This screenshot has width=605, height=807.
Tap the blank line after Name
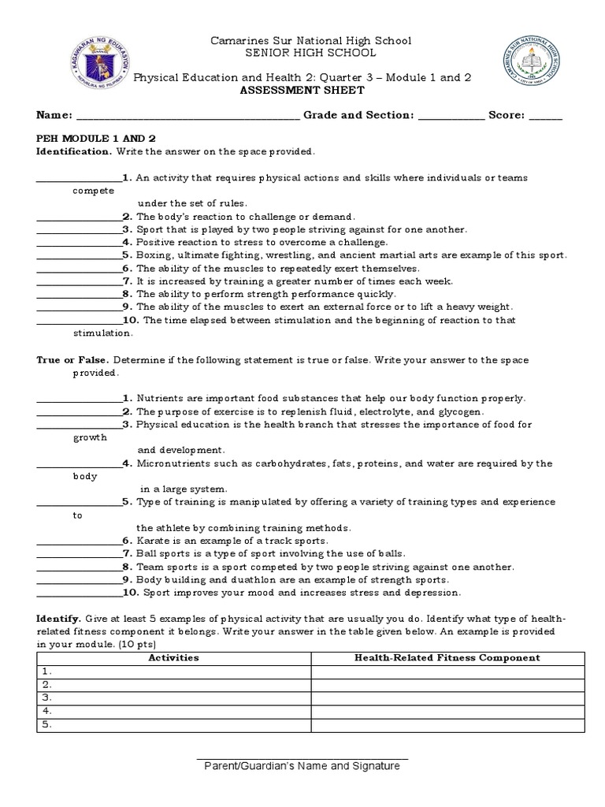pyautogui.click(x=187, y=117)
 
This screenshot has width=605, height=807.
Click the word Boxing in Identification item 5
pyautogui.click(x=154, y=255)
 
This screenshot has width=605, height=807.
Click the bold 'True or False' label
pyautogui.click(x=72, y=360)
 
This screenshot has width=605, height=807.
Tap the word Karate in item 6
pyautogui.click(x=153, y=541)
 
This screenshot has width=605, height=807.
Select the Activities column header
pyautogui.click(x=174, y=657)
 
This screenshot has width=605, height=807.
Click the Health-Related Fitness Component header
pyautogui.click(x=447, y=657)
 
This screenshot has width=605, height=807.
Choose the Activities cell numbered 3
pyautogui.click(x=174, y=697)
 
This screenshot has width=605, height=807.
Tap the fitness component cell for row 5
pyautogui.click(x=447, y=724)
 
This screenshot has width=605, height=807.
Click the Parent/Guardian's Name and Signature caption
pyautogui.click(x=302, y=766)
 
